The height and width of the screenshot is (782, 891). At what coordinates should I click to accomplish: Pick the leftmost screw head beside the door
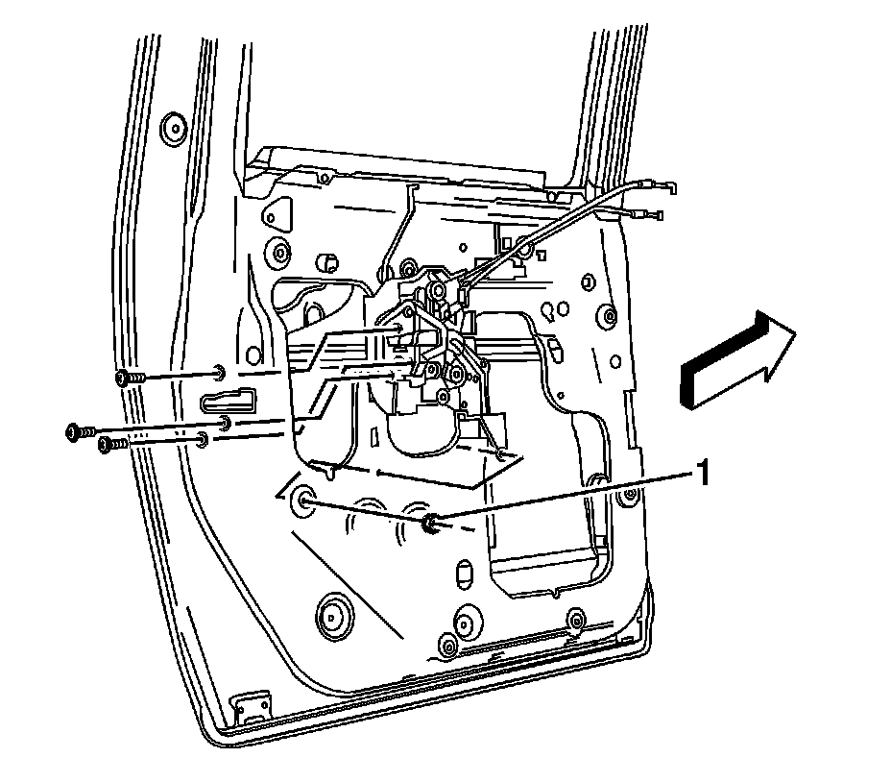click(x=74, y=431)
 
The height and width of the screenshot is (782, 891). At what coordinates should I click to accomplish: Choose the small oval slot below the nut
click(x=461, y=574)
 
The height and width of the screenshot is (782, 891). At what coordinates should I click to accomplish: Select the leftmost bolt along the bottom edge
click(x=447, y=646)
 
